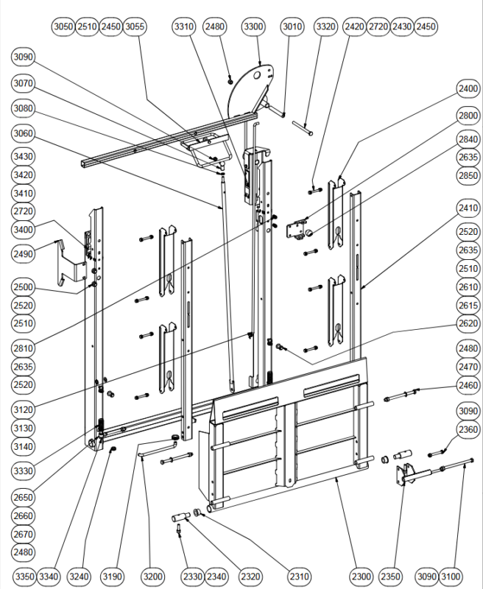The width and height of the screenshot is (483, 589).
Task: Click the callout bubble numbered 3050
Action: (63, 27)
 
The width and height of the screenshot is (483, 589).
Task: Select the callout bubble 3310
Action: (184, 27)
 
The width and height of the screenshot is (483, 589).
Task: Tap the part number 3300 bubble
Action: (253, 27)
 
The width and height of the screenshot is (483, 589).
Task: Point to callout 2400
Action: (468, 88)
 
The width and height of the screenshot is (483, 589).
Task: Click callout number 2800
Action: (468, 116)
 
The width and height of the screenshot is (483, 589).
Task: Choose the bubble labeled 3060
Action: (24, 133)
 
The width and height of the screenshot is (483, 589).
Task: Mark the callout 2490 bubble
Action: (24, 254)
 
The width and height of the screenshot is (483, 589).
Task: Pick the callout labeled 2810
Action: (24, 348)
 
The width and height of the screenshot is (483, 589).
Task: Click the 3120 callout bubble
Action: (24, 410)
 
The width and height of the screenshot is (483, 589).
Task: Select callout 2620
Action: (468, 323)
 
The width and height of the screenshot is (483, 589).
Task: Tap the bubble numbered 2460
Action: (468, 385)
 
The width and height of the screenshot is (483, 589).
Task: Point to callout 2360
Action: (468, 429)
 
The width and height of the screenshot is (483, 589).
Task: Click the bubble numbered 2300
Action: (362, 576)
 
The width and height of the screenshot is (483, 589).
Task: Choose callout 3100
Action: (451, 576)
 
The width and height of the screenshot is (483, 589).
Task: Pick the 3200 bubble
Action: (153, 576)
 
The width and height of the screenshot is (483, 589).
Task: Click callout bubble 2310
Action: (300, 576)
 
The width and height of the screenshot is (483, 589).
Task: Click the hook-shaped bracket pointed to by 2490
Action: (71, 264)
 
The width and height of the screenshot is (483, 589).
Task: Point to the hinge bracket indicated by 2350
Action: (406, 474)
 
